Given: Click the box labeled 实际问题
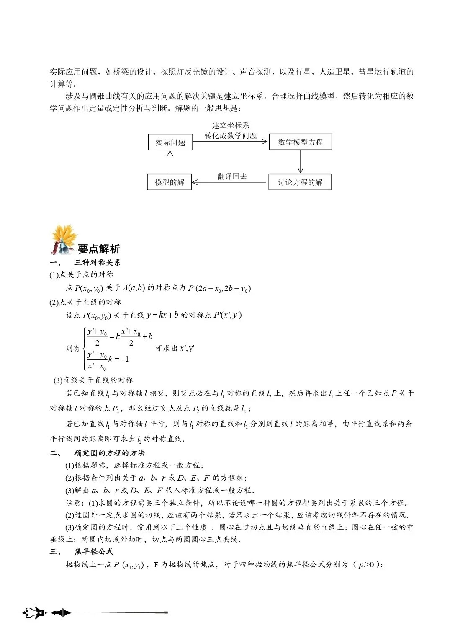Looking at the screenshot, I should pyautogui.click(x=170, y=142).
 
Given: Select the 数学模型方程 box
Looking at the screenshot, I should pyautogui.click(x=300, y=142).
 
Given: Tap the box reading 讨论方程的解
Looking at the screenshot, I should pyautogui.click(x=300, y=182).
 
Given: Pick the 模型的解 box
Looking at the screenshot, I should pyautogui.click(x=169, y=182).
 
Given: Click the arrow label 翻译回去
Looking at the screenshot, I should pyautogui.click(x=232, y=176).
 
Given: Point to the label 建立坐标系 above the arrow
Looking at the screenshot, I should pyautogui.click(x=230, y=125).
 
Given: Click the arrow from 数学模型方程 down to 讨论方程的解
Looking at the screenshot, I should pyautogui.click(x=300, y=161).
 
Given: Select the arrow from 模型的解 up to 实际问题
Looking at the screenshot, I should pyautogui.click(x=170, y=162).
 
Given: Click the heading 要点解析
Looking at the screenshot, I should pyautogui.click(x=99, y=249).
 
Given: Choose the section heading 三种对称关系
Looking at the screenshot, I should pyautogui.click(x=97, y=263).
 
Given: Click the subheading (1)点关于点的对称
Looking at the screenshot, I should pyautogui.click(x=81, y=275).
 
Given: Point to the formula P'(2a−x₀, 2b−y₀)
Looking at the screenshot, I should pyautogui.click(x=219, y=288).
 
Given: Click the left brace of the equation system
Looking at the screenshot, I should pyautogui.click(x=84, y=349).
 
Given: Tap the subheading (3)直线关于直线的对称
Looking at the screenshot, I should pyautogui.click(x=93, y=380).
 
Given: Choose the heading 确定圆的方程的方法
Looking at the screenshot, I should pyautogui.click(x=109, y=453).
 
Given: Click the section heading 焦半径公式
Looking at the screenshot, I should pyautogui.click(x=94, y=551).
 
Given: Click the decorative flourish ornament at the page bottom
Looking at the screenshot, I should pyautogui.click(x=46, y=613).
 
